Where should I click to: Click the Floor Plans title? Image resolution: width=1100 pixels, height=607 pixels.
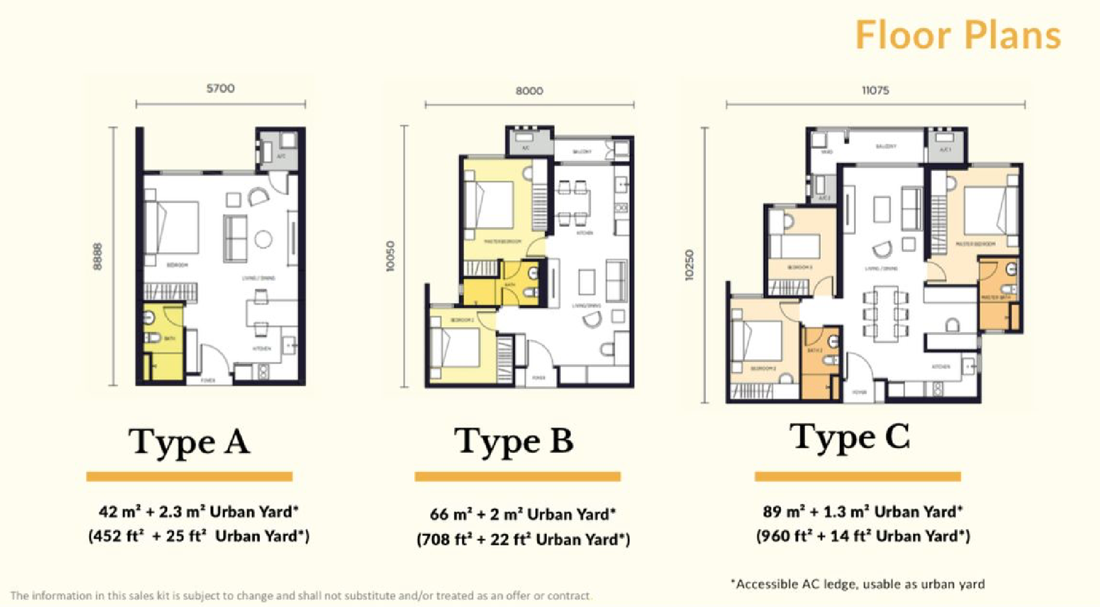coord(958,35)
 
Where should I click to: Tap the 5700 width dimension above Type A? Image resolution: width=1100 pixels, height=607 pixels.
coord(220,89)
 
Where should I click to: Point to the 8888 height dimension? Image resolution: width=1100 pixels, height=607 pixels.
coord(98,256)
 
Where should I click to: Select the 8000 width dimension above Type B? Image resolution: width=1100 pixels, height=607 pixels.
coord(529,91)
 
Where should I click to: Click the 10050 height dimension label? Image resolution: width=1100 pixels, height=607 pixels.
coord(391,257)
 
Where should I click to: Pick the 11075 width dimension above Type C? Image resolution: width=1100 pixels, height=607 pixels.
coord(875,91)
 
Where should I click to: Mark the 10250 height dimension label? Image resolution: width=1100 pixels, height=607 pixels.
coord(689,265)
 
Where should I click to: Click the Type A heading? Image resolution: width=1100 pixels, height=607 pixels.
coord(189,443)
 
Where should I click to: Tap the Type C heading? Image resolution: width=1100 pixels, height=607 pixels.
coord(849,438)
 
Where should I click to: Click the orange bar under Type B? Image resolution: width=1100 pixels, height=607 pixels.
coord(517,477)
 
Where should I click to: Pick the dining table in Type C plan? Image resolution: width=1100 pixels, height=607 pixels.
coord(885,313)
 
